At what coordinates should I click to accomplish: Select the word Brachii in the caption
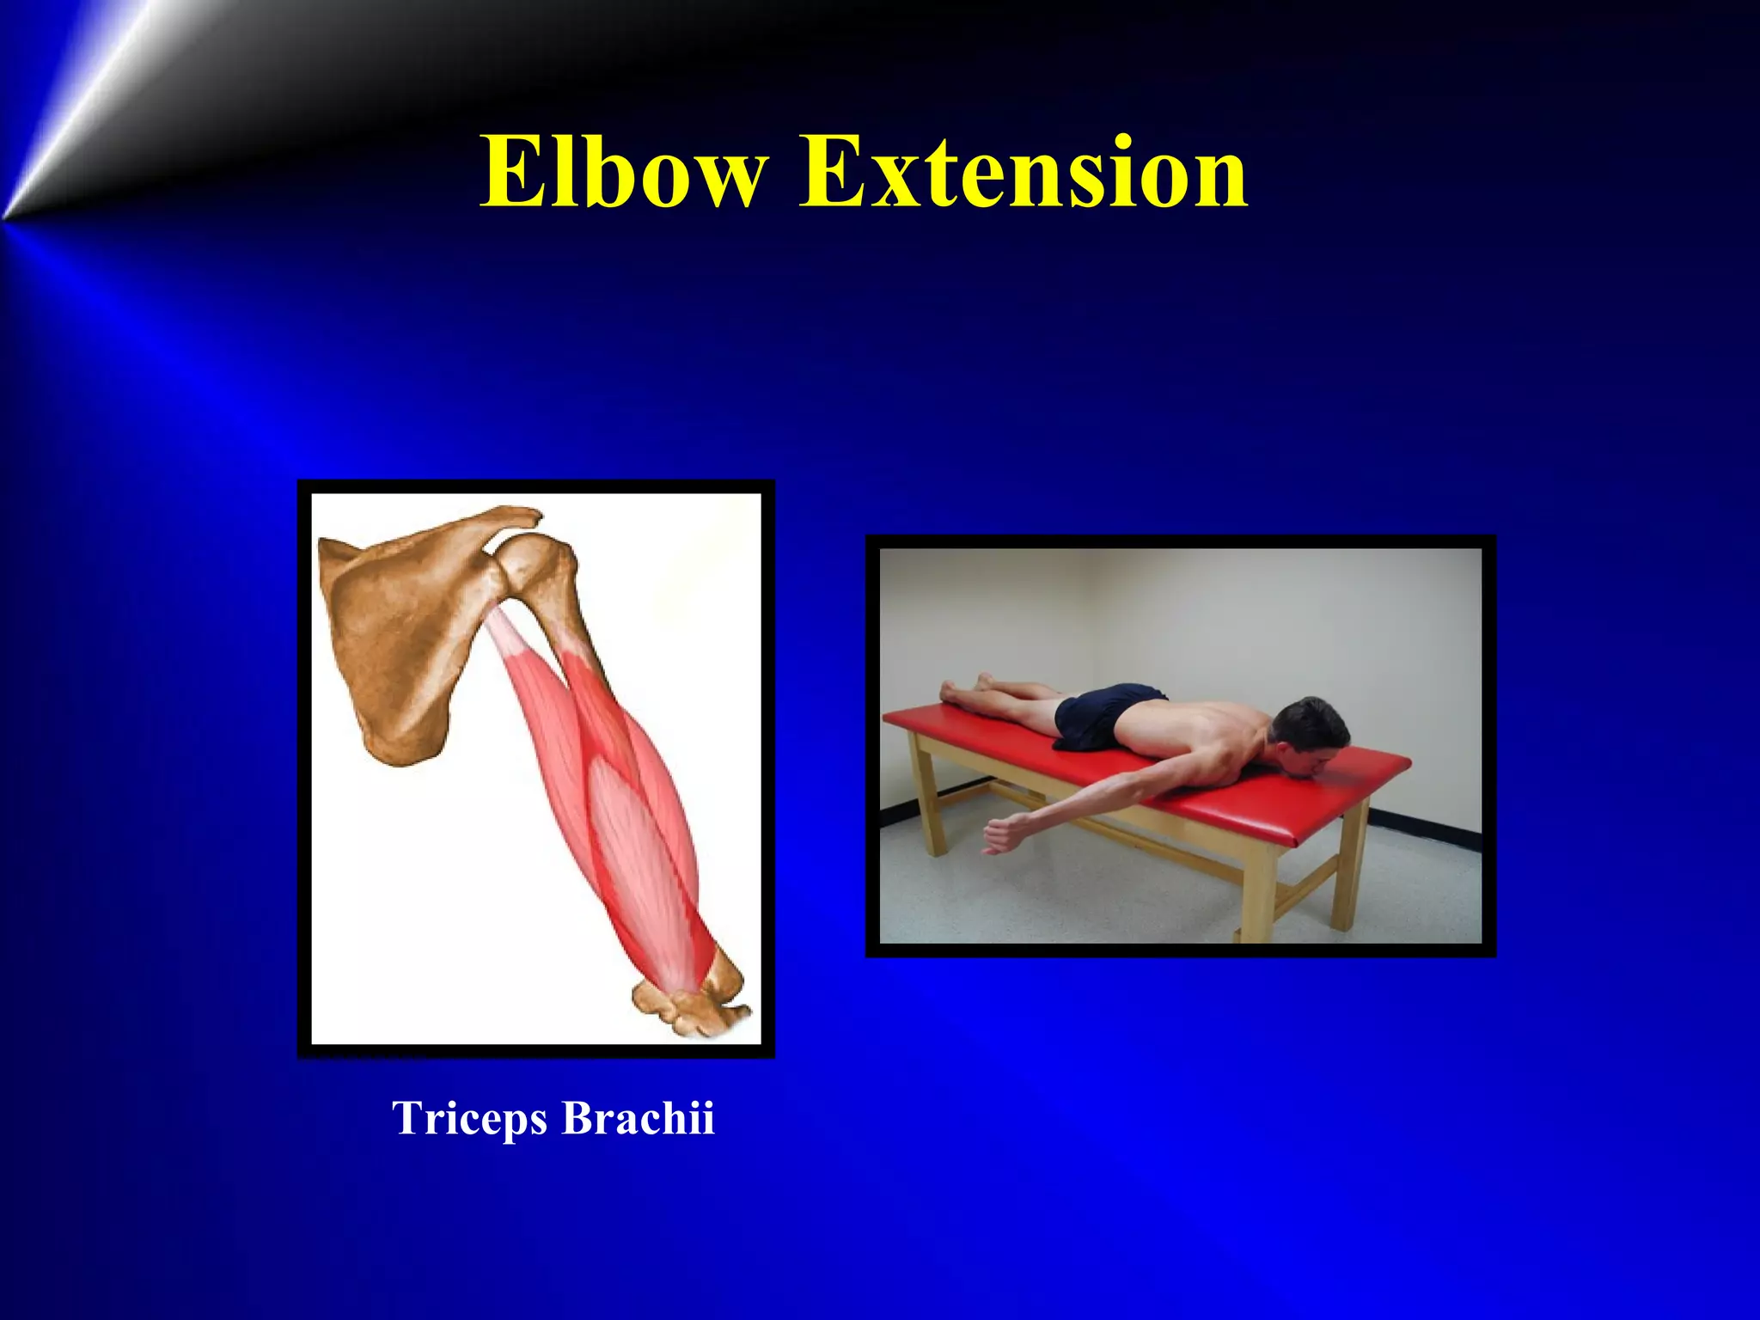point(638,1118)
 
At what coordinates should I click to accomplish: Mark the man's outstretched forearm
point(1074,808)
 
